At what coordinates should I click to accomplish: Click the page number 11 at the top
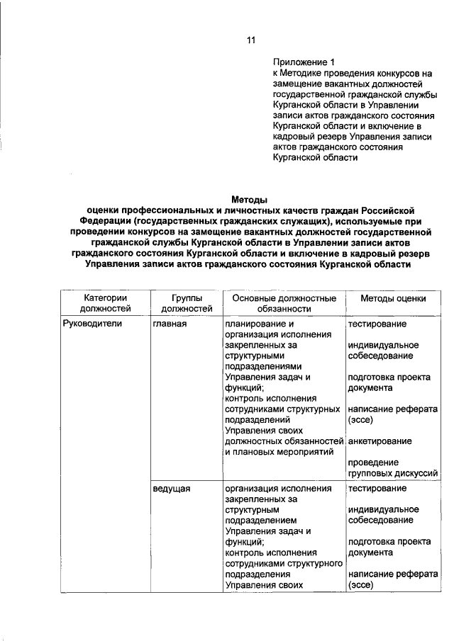pyautogui.click(x=250, y=40)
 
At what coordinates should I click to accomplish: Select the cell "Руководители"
pyautogui.click(x=92, y=324)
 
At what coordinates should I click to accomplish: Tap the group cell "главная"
pyautogui.click(x=170, y=324)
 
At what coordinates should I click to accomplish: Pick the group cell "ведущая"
pyautogui.click(x=171, y=488)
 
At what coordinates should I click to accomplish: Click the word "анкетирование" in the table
pyautogui.click(x=380, y=441)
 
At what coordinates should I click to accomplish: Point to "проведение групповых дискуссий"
pyautogui.click(x=392, y=467)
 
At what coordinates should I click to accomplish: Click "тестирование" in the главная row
pyautogui.click(x=377, y=324)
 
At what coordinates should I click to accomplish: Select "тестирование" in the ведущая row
pyautogui.click(x=377, y=488)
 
